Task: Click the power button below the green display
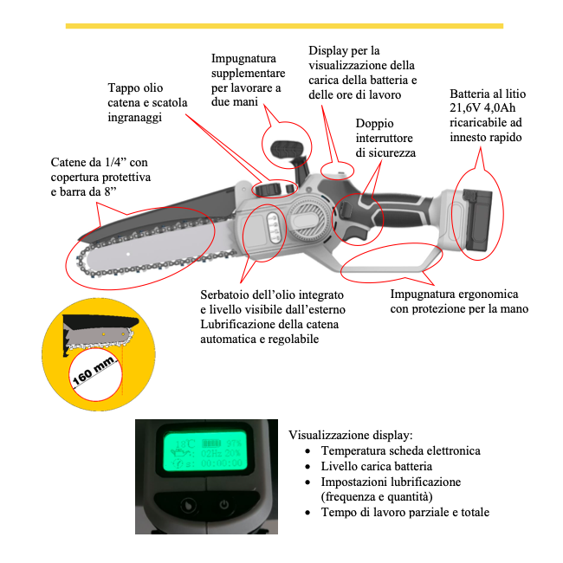coord(223,505)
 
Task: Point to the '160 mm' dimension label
coord(94,373)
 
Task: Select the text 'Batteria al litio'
coord(488,94)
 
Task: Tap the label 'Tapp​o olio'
coord(135,88)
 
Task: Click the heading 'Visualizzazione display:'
coord(350,434)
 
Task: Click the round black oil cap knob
coord(269,188)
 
